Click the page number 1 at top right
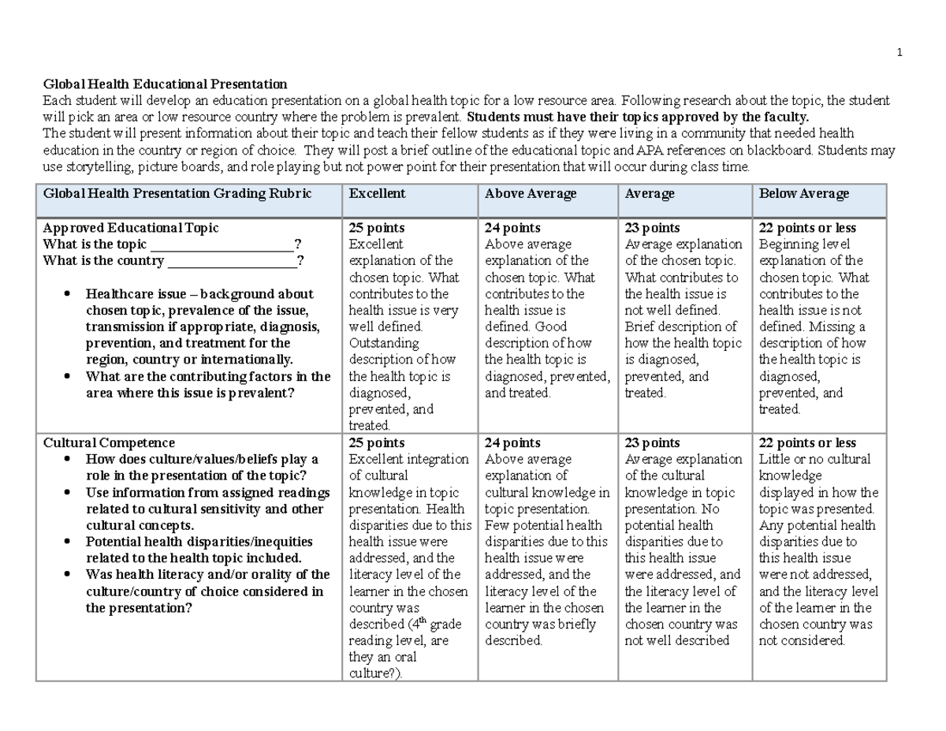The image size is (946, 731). point(899,53)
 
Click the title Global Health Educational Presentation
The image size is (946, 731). point(165,84)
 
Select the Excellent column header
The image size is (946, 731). point(377,193)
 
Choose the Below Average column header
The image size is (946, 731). point(803,193)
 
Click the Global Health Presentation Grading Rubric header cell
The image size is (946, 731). point(177,193)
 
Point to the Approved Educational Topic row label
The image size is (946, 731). point(131,227)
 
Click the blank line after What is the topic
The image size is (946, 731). point(221,245)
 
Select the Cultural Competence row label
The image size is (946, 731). point(109,442)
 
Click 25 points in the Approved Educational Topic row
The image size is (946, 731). point(377,227)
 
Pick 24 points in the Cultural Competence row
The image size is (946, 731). point(512,442)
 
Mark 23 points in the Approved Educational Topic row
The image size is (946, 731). point(652,227)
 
